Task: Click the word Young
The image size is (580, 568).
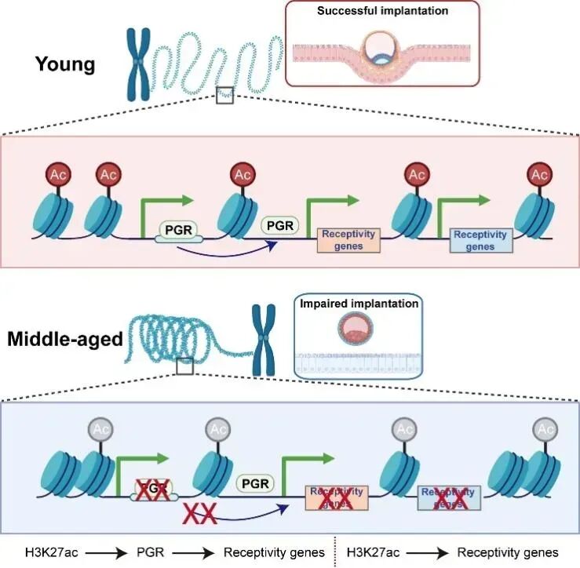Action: point(65,64)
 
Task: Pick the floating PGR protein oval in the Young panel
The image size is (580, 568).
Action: point(279,225)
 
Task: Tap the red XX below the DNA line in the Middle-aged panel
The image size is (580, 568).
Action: point(198,515)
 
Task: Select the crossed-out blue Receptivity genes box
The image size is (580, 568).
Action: point(448,498)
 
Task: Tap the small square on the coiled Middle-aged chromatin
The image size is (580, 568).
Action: point(184,366)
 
